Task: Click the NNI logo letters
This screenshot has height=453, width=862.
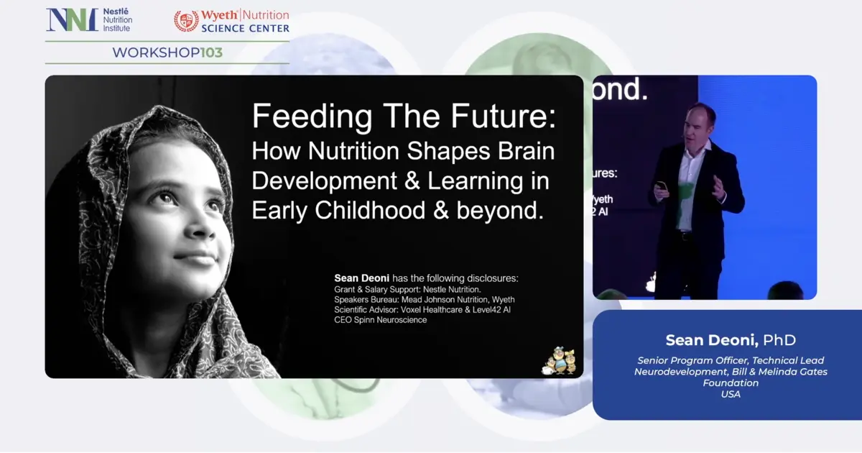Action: point(72,20)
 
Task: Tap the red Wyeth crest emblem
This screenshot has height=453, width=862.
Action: point(186,21)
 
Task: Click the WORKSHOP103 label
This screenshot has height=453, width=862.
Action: point(167,52)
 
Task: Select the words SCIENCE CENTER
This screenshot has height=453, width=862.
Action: point(245,29)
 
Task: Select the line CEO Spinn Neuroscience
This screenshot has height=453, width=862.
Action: point(381,320)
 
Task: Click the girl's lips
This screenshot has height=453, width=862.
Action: point(193,256)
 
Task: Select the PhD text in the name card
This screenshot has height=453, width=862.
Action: point(779,340)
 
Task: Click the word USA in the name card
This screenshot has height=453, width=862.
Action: point(731,394)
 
